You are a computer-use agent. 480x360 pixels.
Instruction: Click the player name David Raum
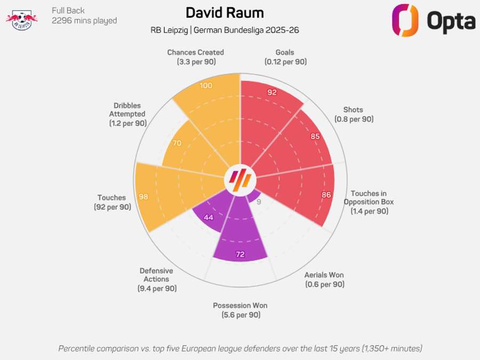tap(225, 12)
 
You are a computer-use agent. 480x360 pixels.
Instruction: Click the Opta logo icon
tap(405, 21)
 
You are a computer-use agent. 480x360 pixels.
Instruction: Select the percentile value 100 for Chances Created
tap(205, 86)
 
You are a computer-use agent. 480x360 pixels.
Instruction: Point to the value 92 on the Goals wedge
tap(272, 92)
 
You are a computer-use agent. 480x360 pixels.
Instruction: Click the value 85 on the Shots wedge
tap(315, 136)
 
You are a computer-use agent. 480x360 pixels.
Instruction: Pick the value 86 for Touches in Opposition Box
tap(326, 195)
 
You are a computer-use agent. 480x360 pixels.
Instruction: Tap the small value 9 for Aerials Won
tap(259, 202)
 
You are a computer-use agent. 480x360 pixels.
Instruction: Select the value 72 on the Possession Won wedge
tap(240, 254)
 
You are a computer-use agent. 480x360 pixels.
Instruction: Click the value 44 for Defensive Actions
tap(208, 217)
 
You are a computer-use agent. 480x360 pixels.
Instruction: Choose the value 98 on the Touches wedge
tap(143, 196)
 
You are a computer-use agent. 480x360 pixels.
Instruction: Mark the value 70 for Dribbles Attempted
tap(178, 143)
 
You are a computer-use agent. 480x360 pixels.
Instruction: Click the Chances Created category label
tap(195, 57)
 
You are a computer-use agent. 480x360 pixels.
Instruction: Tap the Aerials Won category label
tap(324, 279)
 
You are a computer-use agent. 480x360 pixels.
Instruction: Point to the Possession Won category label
tap(240, 310)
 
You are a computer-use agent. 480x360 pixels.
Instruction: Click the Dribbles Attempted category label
tap(127, 114)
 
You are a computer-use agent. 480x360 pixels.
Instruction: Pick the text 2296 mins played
tap(84, 21)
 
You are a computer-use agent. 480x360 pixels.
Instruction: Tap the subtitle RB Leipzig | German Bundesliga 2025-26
tap(225, 30)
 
